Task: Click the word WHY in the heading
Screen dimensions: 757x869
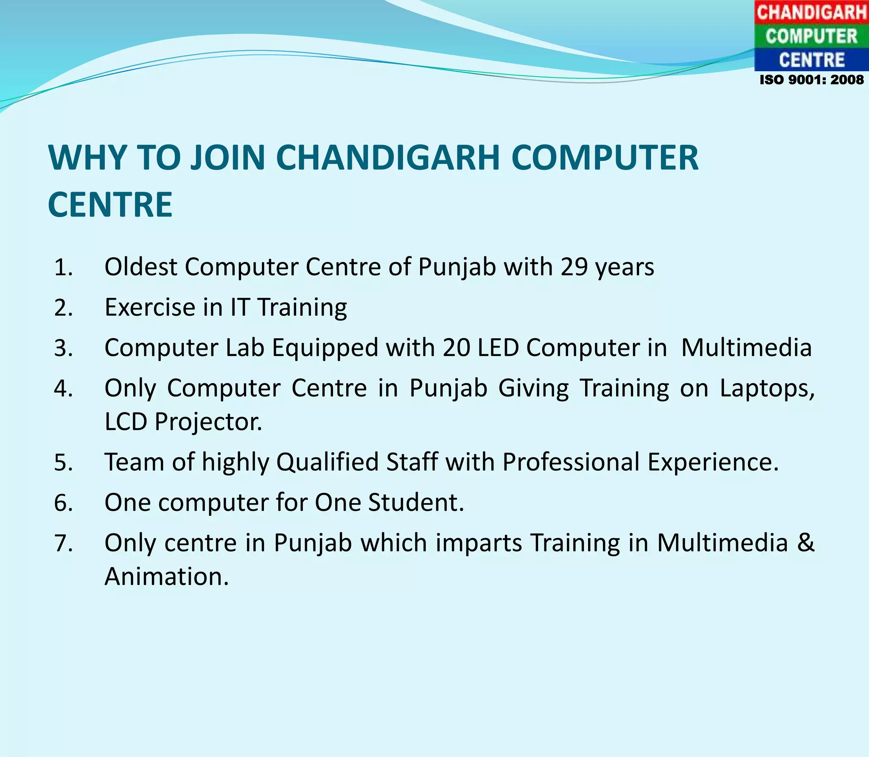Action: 87,158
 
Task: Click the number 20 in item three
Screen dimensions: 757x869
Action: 456,348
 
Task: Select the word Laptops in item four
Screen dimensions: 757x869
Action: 767,388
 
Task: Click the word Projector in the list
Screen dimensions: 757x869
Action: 208,422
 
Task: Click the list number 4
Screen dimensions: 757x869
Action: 63,388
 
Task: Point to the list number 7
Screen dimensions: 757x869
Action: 63,543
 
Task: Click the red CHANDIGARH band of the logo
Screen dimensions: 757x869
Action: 811,12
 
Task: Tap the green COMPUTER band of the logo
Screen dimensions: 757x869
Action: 811,36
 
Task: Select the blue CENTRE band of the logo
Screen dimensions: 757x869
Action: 811,60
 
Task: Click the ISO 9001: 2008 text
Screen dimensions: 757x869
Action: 811,80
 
